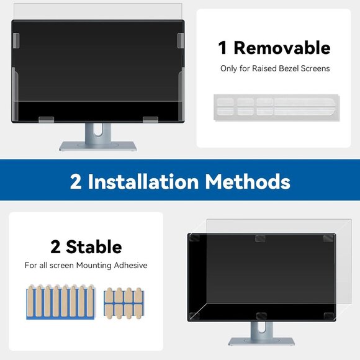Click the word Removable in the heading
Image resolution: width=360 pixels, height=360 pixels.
[x=282, y=47]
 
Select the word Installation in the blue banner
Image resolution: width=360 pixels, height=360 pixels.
[x=143, y=181]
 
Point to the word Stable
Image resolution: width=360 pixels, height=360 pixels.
[x=94, y=246]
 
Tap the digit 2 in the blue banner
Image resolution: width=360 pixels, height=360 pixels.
[x=76, y=181]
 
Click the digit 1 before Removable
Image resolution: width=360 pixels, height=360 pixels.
[x=222, y=47]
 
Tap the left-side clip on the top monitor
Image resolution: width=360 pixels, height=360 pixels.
[x=17, y=41]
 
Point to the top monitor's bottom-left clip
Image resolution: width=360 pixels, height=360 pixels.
[x=45, y=119]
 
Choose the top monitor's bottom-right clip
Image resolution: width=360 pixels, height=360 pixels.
[x=151, y=119]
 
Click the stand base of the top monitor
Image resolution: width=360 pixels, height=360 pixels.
[x=97, y=146]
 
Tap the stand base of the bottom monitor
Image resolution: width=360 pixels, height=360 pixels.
[x=261, y=341]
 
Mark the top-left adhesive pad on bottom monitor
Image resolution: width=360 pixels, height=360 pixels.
[x=194, y=238]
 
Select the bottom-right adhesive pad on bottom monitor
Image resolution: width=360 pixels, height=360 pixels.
[x=327, y=316]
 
